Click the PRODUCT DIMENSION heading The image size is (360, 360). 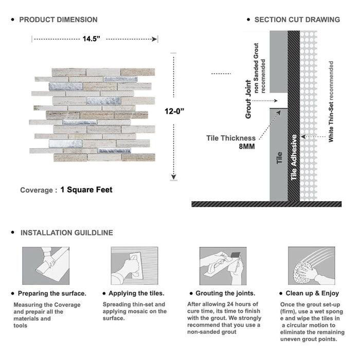[x=58, y=20]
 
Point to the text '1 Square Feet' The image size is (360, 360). [x=86, y=190]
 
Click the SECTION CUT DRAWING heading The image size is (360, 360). [x=297, y=20]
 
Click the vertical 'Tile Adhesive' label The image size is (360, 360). [x=294, y=157]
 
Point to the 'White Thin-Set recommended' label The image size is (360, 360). [x=331, y=102]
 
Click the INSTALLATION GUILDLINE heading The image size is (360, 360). [x=66, y=232]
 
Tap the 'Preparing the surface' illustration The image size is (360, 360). [x=45, y=266]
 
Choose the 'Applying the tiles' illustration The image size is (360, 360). [x=134, y=266]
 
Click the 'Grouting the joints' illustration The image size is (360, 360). [x=221, y=266]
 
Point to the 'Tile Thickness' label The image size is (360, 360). [x=231, y=138]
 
